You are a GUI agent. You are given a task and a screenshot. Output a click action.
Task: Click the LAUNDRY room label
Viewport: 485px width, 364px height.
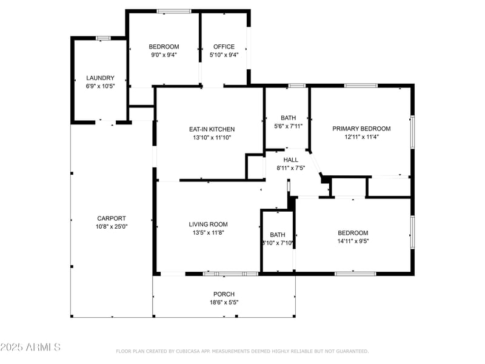tap(100, 78)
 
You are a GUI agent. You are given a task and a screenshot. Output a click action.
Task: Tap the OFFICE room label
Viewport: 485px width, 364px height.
tap(224, 47)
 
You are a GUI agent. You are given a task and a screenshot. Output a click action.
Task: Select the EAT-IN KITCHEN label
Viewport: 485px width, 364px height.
tap(212, 129)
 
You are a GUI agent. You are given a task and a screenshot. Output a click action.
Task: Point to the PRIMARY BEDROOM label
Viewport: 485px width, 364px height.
tap(361, 129)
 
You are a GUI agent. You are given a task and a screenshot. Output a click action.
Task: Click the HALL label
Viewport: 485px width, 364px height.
tap(290, 160)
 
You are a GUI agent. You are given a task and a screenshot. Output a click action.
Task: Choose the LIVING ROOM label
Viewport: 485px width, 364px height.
tap(208, 224)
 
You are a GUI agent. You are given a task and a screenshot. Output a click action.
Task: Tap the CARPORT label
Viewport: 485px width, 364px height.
tap(112, 218)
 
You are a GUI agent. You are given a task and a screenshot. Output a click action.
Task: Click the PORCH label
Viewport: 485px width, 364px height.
tap(224, 294)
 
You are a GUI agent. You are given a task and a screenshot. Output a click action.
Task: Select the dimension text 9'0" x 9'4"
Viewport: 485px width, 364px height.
tap(164, 55)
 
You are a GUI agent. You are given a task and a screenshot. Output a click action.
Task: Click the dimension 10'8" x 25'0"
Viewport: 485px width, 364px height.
tap(112, 226)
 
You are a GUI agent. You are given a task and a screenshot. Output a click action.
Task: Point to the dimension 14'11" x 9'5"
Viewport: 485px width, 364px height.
tap(353, 241)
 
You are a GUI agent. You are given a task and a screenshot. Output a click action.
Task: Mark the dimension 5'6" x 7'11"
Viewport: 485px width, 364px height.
tap(287, 126)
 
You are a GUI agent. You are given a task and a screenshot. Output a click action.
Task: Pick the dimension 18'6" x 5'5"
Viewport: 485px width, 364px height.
tap(224, 302)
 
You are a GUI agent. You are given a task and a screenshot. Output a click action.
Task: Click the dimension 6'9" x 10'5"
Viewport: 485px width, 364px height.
tap(100, 86)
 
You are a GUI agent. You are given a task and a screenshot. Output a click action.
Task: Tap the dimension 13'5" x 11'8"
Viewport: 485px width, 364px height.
tap(208, 232)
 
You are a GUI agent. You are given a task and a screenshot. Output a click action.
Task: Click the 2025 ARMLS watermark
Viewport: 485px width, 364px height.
tap(30, 347)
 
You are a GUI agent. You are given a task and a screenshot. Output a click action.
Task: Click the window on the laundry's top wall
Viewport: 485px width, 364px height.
tap(103, 38)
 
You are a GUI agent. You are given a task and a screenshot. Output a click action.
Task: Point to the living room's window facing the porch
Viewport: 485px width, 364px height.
tap(230, 274)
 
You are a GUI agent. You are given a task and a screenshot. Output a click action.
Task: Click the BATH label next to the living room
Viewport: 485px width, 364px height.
tap(278, 235)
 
